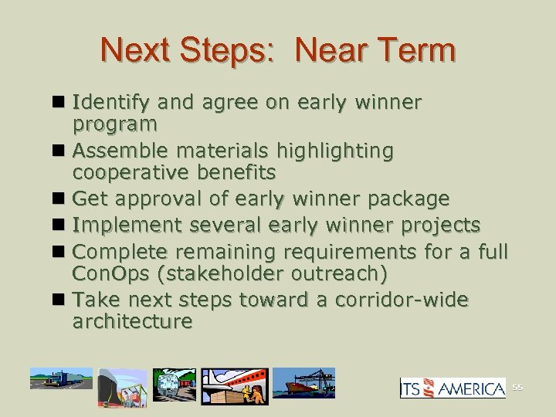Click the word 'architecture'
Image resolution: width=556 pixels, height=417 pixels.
(131, 320)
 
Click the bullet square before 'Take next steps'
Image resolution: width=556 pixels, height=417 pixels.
(61, 299)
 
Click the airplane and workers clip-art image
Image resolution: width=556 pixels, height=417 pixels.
(236, 386)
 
